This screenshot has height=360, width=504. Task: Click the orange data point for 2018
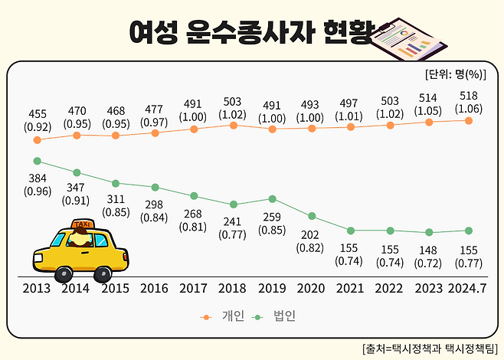point(233,125)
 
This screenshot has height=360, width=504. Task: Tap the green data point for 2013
point(37,161)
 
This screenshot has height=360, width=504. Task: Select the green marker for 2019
point(272,198)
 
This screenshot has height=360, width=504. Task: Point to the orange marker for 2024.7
point(467,120)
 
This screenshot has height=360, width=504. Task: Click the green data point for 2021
point(351,231)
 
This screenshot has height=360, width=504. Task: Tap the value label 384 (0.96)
point(37,185)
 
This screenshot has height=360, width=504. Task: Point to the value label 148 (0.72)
point(429,255)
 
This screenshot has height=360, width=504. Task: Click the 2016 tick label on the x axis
point(155,290)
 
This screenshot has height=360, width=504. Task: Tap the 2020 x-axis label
point(312,290)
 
